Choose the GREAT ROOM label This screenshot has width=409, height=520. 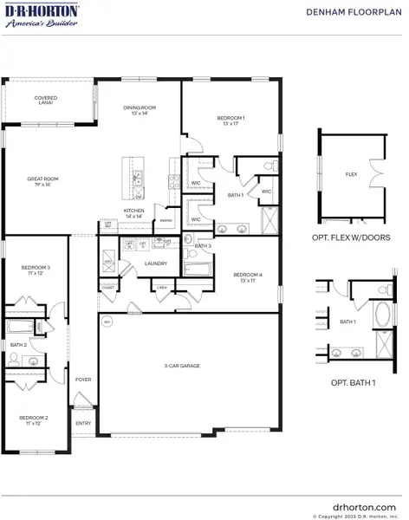coord(37,181)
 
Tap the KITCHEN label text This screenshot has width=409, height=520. coord(133,212)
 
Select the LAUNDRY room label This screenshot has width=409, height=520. coord(156,263)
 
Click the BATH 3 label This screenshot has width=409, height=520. coord(203,246)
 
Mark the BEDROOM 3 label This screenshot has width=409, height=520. coord(36,270)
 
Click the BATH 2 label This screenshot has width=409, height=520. coord(19,345)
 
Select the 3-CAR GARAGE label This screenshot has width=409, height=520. coord(183,367)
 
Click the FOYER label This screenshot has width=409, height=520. coord(83,380)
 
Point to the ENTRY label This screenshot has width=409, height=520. coord(83,423)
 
